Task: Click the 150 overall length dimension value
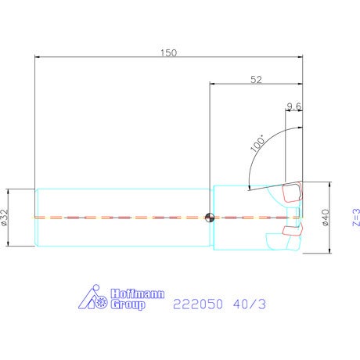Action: pos(168,53)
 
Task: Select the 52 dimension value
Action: pos(256,80)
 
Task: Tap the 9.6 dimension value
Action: pos(294,106)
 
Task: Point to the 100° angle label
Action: pos(257,143)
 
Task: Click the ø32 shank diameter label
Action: pos(5,217)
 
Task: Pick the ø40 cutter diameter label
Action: pos(326,218)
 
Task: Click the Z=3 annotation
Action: pos(356,217)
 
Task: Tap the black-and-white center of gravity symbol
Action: pos(210,218)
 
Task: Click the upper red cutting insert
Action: pos(292,193)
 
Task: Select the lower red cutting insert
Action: pos(293,229)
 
